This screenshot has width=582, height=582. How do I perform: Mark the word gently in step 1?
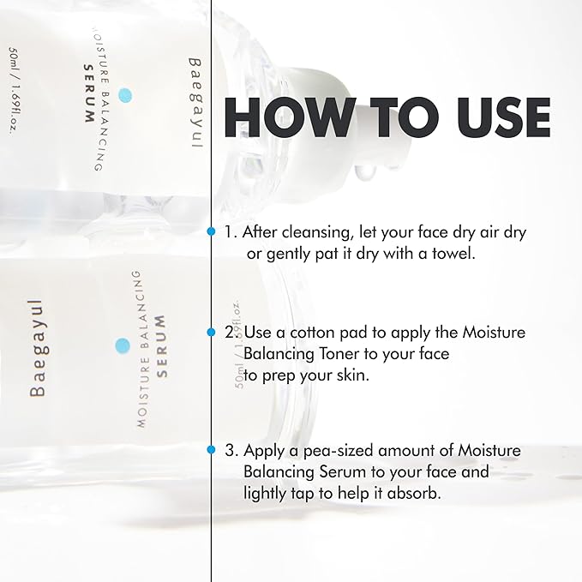(285, 254)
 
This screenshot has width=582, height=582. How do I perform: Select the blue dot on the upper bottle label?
(126, 94)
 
